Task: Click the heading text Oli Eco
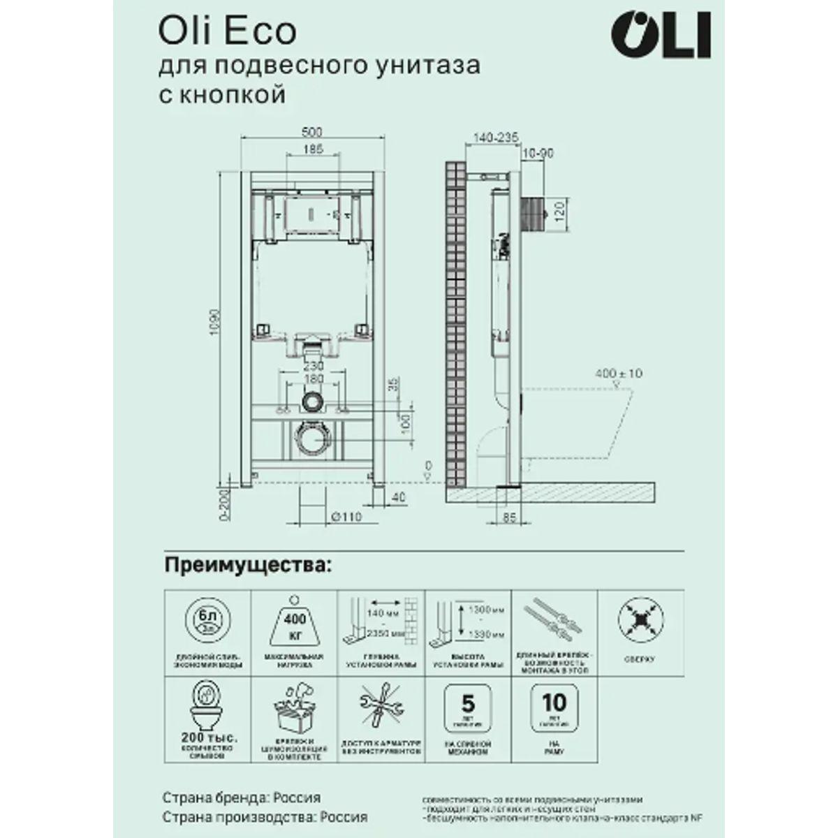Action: click(x=228, y=31)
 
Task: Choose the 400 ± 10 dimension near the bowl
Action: click(x=618, y=374)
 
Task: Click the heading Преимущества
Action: click(x=246, y=564)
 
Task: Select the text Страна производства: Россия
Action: click(x=265, y=817)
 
